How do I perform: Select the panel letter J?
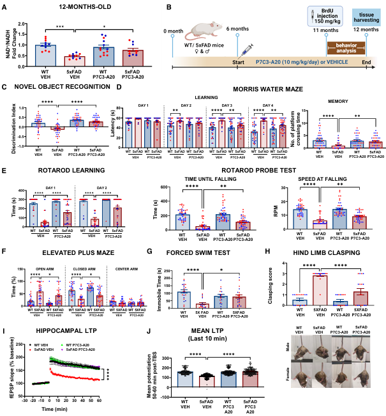point(149,332)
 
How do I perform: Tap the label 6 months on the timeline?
point(237,30)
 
